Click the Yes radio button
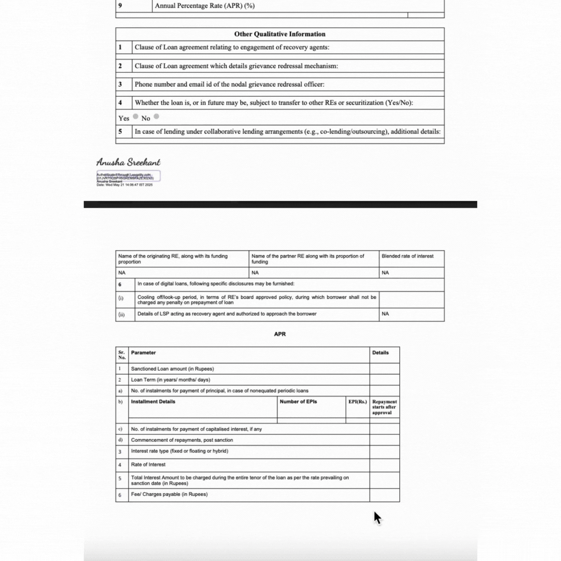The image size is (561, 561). (136, 116)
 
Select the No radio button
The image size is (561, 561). (156, 116)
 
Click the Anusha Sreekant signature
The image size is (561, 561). (128, 162)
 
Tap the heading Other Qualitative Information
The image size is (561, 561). (280, 34)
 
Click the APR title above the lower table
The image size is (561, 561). (280, 334)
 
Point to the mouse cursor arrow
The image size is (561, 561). (377, 517)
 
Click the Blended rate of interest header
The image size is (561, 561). (407, 256)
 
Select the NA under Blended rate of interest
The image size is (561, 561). (385, 273)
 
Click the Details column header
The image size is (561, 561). (380, 353)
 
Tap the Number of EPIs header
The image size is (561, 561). (298, 402)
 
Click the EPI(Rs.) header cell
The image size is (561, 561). (358, 402)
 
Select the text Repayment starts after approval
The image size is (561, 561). (384, 407)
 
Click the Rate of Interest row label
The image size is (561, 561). (148, 465)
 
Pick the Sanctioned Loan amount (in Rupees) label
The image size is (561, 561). (173, 369)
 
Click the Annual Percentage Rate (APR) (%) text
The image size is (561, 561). (205, 6)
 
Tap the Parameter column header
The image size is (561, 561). (144, 353)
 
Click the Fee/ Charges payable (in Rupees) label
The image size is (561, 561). (169, 495)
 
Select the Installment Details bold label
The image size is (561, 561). (153, 402)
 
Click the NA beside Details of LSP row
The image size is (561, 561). (385, 314)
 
